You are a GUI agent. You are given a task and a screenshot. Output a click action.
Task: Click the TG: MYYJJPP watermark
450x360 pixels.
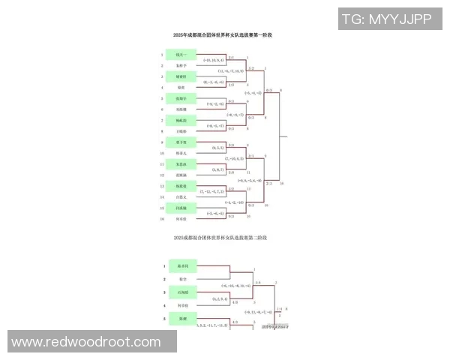coord(385,19)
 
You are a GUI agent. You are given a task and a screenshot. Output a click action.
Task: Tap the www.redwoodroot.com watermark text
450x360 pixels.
coord(86,342)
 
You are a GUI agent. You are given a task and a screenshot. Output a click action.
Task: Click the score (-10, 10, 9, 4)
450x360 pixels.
coord(214,59)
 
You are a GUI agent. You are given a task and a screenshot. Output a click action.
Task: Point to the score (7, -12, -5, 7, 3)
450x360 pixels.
coord(212,191)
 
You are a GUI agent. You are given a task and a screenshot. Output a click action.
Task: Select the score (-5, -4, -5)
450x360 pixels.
coord(214,213)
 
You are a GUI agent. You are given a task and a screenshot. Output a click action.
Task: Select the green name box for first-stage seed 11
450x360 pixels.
coord(181,163)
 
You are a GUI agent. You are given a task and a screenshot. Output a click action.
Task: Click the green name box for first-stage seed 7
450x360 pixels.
coord(181,120)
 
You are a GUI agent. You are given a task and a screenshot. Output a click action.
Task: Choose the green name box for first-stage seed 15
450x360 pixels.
coord(181,207)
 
